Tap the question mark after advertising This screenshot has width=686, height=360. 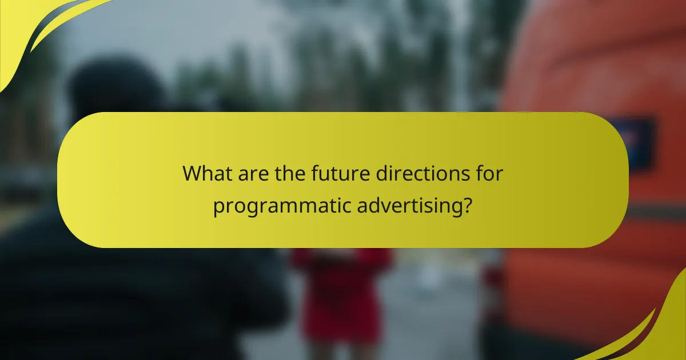pos(467,205)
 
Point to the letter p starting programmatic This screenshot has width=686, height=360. pos(218,208)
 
